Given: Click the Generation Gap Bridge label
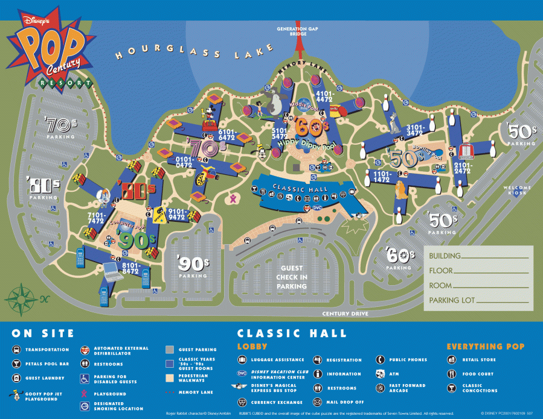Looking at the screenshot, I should pyautogui.click(x=292, y=31).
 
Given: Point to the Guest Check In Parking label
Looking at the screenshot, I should pyautogui.click(x=292, y=277).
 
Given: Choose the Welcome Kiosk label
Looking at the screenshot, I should pyautogui.click(x=517, y=190).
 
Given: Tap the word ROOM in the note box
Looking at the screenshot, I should pyautogui.click(x=440, y=285).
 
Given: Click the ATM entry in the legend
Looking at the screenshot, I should pyautogui.click(x=394, y=374).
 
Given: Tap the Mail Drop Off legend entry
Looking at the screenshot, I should pyautogui.click(x=344, y=402).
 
